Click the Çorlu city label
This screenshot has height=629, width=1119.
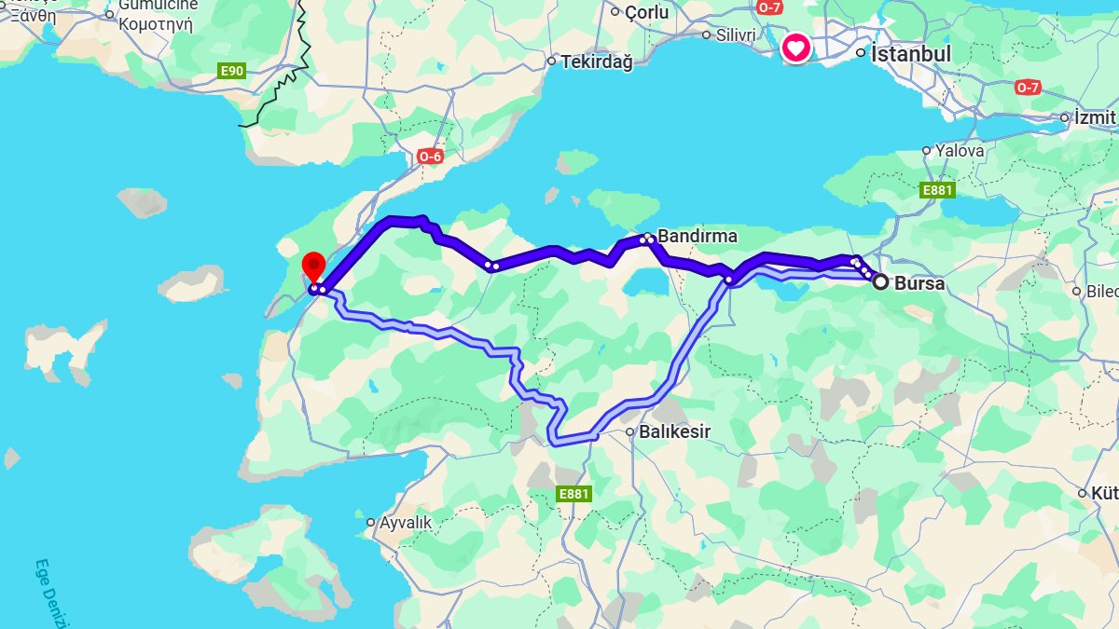click(647, 12)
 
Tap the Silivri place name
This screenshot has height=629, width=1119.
click(736, 34)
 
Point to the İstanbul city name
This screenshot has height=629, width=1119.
click(910, 54)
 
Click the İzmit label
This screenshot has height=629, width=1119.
click(1095, 118)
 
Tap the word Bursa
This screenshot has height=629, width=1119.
click(919, 283)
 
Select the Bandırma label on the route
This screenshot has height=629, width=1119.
click(698, 237)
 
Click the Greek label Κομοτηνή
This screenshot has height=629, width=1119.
click(156, 24)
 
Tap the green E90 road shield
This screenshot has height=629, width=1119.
click(232, 71)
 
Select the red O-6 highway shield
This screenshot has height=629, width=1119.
click(430, 157)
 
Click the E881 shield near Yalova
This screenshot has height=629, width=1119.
click(937, 190)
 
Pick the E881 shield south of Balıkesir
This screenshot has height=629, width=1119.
click(573, 494)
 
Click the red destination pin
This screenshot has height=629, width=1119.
click(313, 267)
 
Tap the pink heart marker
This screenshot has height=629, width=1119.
click(795, 48)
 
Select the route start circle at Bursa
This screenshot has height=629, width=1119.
click(879, 281)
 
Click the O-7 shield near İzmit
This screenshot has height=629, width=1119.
click(1027, 88)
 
